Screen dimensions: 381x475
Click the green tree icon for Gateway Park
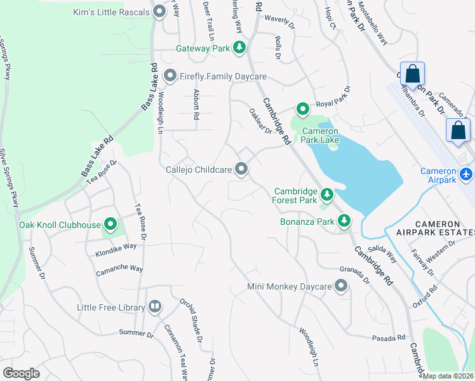point(239,47)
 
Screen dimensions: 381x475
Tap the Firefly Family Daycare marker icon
point(170,76)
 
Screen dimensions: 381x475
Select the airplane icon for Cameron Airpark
point(467,173)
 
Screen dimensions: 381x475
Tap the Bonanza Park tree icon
point(344,221)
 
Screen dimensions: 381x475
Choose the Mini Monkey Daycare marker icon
point(342,286)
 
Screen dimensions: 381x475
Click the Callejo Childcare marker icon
point(241,169)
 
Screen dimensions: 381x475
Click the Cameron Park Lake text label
point(316,135)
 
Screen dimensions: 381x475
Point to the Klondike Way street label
point(116,246)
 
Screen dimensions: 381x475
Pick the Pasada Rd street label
point(389,337)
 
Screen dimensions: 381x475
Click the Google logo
point(21,373)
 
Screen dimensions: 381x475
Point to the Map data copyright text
point(448,376)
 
